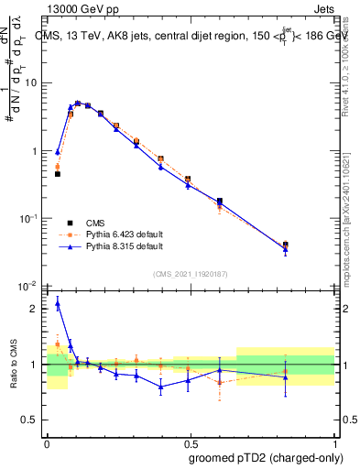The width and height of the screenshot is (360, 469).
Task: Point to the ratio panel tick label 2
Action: point(34,309)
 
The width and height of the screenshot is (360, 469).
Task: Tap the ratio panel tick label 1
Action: point(34,365)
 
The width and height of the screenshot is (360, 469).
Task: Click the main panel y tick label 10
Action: point(30,83)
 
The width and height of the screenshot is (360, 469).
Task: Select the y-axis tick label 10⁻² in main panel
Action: point(28,287)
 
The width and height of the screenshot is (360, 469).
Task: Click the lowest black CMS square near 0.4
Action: point(58,173)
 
